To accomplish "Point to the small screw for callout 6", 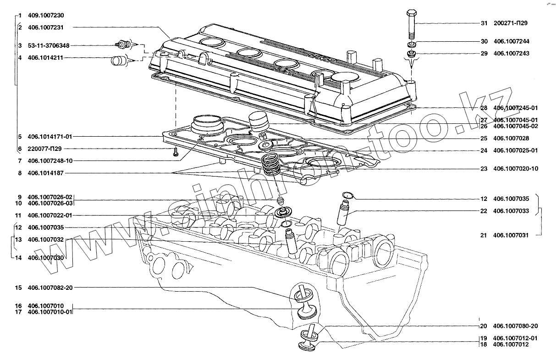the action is (176, 154).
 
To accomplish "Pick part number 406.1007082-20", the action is (50, 288).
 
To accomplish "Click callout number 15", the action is (18, 288).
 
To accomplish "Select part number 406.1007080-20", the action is (515, 327).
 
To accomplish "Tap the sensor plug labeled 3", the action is (121, 44).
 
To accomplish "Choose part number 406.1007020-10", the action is (516, 169).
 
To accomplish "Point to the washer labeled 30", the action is (411, 44).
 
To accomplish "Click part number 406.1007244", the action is (512, 41).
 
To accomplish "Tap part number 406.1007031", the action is (512, 235).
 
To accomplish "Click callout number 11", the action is (18, 216).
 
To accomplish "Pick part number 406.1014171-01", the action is (50, 137).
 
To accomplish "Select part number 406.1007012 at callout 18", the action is (512, 344).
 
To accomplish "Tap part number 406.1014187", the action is (46, 173).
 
